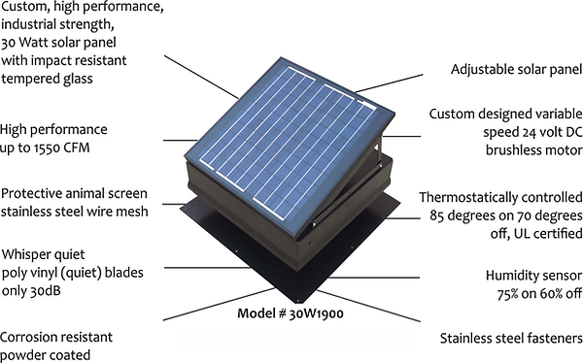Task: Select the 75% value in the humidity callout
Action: [x=499, y=294]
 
